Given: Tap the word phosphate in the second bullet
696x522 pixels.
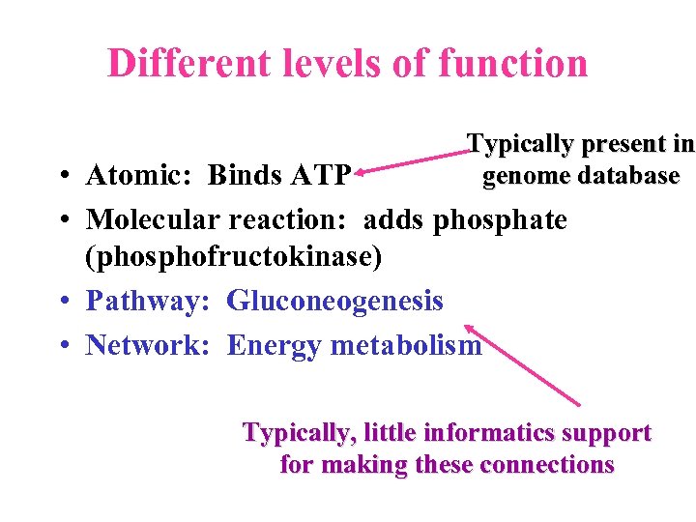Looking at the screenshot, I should [x=500, y=220].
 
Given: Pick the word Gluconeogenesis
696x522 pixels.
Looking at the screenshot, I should [x=334, y=302].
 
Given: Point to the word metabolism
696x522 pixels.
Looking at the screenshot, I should [x=405, y=345].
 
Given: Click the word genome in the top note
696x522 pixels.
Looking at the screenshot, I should [x=526, y=176].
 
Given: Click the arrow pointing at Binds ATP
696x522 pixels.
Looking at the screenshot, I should [x=411, y=160].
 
